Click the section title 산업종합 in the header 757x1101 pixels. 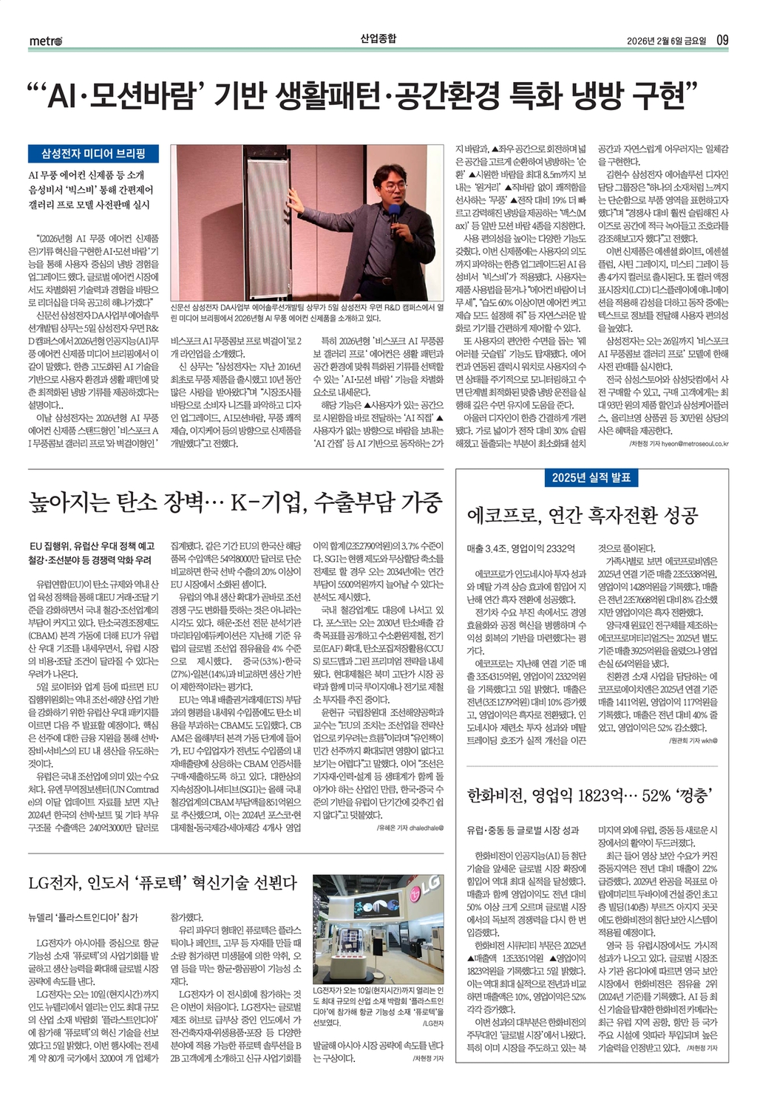378,38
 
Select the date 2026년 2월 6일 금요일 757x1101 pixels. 666,40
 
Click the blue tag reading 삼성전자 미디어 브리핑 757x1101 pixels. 93,154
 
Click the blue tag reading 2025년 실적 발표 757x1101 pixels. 591,477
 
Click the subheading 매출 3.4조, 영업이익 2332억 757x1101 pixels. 520,548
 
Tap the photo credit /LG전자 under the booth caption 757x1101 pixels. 432,1023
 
